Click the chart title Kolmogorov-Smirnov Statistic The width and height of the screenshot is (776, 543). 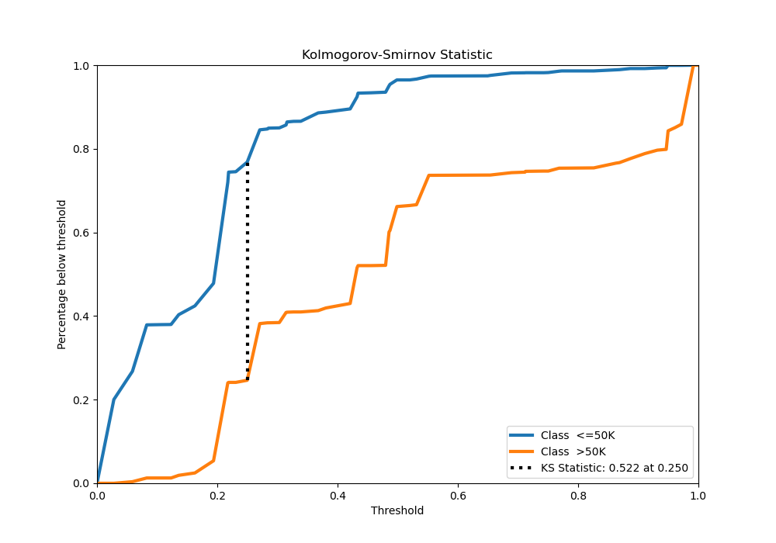coord(397,55)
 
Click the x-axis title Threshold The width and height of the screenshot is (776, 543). coord(397,510)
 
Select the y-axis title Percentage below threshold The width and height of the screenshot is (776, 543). coord(62,275)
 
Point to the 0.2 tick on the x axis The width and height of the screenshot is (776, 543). coord(217,494)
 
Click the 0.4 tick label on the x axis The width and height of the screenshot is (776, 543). coord(338,494)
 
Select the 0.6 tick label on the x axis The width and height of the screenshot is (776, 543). coord(458,494)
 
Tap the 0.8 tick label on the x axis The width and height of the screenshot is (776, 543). coord(578,494)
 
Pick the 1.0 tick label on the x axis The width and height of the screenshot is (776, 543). coord(698,494)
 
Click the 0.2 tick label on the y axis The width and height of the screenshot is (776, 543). coord(81,399)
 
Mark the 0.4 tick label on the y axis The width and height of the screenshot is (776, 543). coord(81,316)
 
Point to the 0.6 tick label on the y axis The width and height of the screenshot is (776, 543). coord(81,233)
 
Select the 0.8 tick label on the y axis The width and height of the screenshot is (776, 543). coord(81,149)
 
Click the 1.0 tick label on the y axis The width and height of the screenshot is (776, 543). coord(81,66)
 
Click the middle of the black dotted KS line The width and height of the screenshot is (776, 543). coord(248,271)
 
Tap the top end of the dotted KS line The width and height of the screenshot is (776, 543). coord(248,163)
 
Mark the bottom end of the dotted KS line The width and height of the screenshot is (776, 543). coord(248,380)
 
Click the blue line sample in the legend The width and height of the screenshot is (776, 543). coord(522,435)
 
